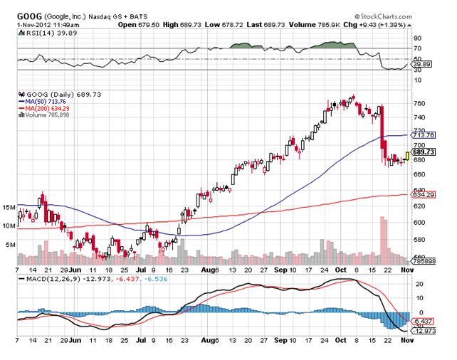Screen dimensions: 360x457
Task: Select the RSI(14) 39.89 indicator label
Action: [39, 29]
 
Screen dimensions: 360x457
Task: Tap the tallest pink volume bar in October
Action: [383, 236]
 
